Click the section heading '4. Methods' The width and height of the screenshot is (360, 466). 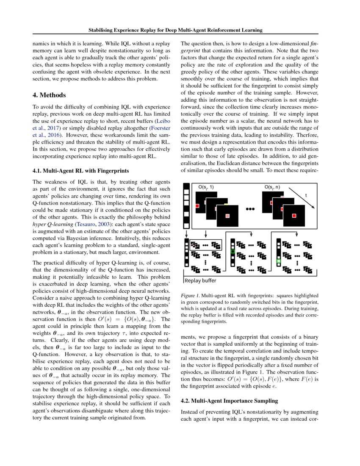point(49,95)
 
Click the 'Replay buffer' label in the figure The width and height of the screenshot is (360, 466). point(200,280)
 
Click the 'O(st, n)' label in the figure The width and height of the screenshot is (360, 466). point(272,187)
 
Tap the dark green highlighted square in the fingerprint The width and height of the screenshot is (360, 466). point(232,252)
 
